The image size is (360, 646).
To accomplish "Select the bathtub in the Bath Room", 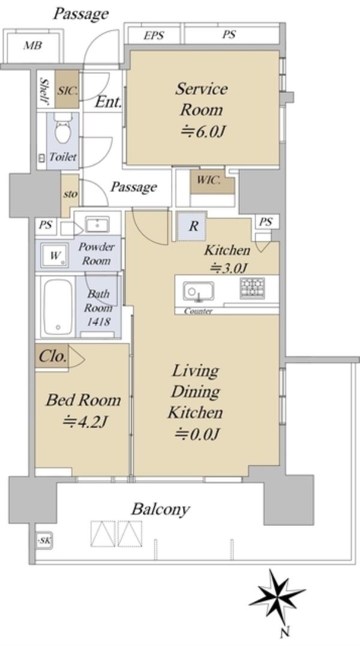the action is tap(58, 307).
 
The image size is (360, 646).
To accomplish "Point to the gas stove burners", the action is tap(252, 288).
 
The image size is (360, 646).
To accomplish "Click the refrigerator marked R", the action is tap(193, 226).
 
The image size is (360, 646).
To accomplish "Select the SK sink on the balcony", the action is tap(44, 540).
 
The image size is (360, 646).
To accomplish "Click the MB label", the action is tap(32, 45).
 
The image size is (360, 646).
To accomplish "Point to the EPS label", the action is tap(154, 36).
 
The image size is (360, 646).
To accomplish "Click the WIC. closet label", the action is tap(209, 180).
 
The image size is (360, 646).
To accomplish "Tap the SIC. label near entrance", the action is tap(67, 91).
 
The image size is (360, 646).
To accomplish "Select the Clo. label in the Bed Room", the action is tap(53, 356).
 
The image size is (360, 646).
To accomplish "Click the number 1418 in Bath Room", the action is tap(98, 321).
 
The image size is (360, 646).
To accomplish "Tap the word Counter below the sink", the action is tap(198, 312).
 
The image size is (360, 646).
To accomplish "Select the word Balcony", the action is tap(161, 509).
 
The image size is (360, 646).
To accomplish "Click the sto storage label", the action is tap(70, 193).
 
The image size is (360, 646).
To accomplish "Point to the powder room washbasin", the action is tap(97, 225).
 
